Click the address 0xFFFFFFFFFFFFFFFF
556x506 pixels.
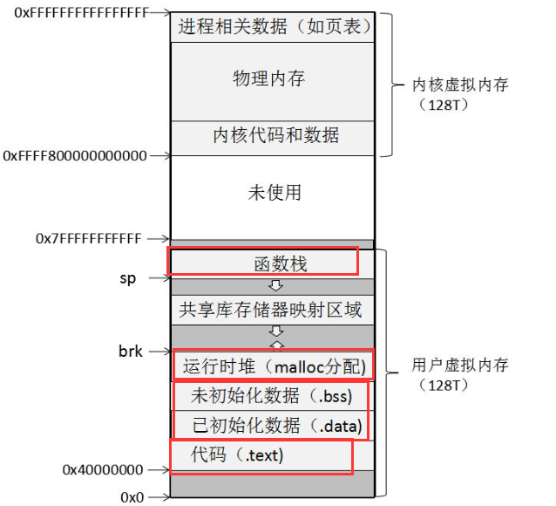pyautogui.click(x=75, y=13)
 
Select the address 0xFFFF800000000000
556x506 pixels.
pyautogui.click(x=75, y=156)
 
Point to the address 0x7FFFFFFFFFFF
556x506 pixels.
pyautogui.click(x=88, y=238)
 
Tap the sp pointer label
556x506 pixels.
pyautogui.click(x=128, y=278)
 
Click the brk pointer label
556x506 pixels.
pyautogui.click(x=130, y=352)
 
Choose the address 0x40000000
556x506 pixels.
pyautogui.click(x=102, y=470)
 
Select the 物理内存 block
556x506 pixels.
pyautogui.click(x=269, y=79)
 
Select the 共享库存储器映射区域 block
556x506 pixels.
pyautogui.click(x=270, y=309)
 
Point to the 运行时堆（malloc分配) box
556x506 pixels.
pyautogui.click(x=274, y=366)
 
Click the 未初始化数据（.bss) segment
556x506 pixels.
pyautogui.click(x=271, y=396)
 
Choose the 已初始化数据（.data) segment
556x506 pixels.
pyautogui.click(x=273, y=426)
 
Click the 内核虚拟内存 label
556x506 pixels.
pyautogui.click(x=460, y=85)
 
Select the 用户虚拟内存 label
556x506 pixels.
pyautogui.click(x=459, y=365)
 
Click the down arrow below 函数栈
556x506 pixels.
pyautogui.click(x=275, y=285)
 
